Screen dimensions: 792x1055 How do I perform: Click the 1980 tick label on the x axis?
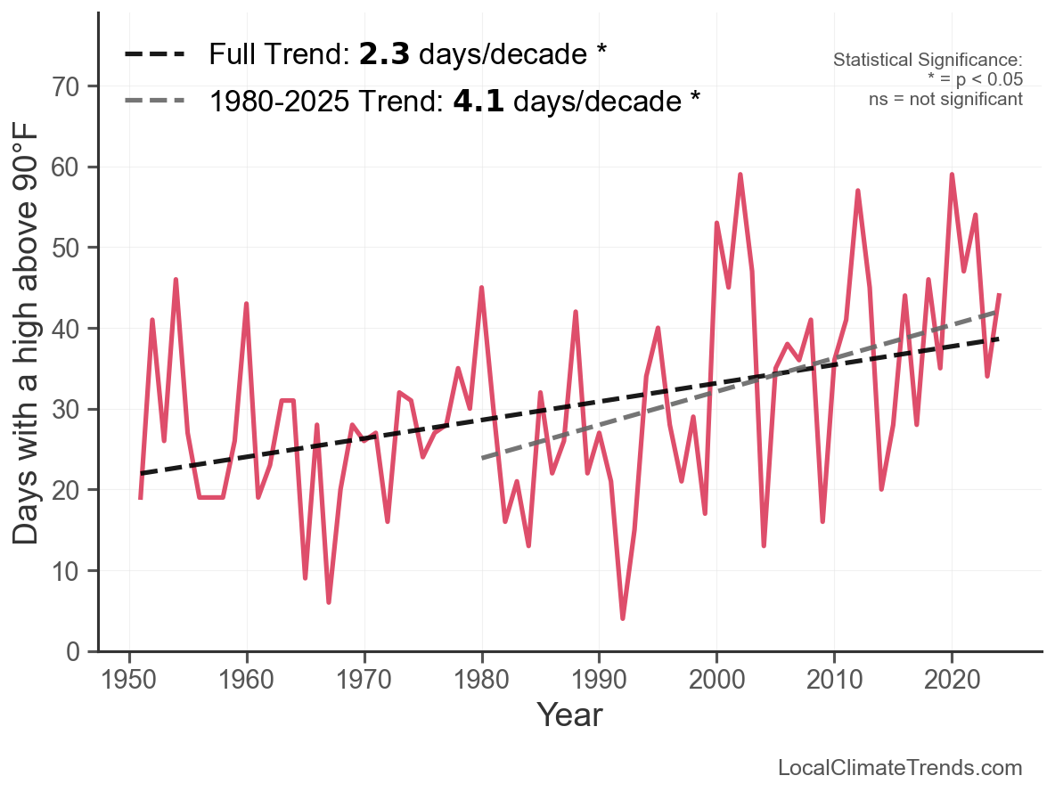pyautogui.click(x=481, y=682)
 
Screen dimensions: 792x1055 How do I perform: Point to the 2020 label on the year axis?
pyautogui.click(x=952, y=682)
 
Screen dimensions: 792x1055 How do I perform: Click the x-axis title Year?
pyautogui.click(x=569, y=714)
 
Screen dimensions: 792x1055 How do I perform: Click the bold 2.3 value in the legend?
pyautogui.click(x=384, y=54)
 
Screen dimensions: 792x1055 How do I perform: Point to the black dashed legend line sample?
pyautogui.click(x=155, y=54)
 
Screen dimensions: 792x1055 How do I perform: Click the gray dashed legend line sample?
pyautogui.click(x=155, y=101)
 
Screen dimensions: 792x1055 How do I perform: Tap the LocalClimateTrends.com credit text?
pyautogui.click(x=900, y=768)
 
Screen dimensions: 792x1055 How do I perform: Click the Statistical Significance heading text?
pyautogui.click(x=928, y=61)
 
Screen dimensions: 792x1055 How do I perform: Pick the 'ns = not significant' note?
pyautogui.click(x=945, y=99)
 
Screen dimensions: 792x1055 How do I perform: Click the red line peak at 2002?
pyautogui.click(x=740, y=175)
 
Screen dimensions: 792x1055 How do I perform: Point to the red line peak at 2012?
pyautogui.click(x=857, y=191)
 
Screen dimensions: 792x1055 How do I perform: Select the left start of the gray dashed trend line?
pyautogui.click(x=482, y=458)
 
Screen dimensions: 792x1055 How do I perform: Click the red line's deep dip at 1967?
pyautogui.click(x=329, y=602)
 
